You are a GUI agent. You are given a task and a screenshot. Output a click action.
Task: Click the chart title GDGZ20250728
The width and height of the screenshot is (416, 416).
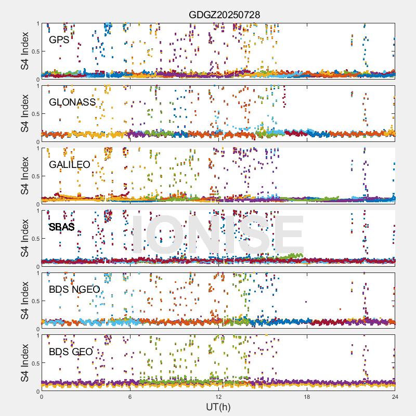click(224, 15)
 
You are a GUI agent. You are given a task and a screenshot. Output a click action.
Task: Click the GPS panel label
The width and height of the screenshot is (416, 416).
click(59, 40)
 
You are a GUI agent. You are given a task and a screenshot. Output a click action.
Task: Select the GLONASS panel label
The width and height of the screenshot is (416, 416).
click(72, 102)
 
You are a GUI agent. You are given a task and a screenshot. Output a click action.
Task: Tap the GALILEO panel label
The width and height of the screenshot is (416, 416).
click(70, 164)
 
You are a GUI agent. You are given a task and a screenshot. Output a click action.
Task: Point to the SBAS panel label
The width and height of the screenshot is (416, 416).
click(62, 227)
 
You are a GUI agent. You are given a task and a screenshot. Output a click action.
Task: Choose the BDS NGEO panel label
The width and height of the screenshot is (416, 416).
click(74, 289)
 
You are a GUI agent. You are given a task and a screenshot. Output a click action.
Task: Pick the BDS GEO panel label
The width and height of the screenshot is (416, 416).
click(71, 352)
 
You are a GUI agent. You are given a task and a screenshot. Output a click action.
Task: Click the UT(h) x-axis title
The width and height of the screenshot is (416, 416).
click(218, 406)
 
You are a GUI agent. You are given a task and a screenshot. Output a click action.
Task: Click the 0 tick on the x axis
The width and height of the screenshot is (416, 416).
click(42, 397)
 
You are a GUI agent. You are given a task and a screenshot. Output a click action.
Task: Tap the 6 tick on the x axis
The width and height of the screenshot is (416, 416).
click(130, 397)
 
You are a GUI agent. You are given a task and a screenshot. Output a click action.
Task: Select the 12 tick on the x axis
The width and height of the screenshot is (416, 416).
click(218, 397)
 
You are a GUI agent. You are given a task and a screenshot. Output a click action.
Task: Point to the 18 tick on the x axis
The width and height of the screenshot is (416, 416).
click(307, 397)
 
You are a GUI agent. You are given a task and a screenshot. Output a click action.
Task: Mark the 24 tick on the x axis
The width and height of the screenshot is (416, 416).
click(395, 397)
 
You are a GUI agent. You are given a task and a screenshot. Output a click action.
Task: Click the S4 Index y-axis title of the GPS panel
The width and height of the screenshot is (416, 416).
click(25, 51)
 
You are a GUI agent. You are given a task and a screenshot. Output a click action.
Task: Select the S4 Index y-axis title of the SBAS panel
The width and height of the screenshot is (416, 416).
click(25, 238)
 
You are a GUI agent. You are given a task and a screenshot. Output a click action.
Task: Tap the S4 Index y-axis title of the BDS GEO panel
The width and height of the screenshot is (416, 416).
click(25, 363)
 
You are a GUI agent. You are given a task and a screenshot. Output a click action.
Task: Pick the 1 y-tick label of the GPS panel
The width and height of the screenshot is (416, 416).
click(37, 23)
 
